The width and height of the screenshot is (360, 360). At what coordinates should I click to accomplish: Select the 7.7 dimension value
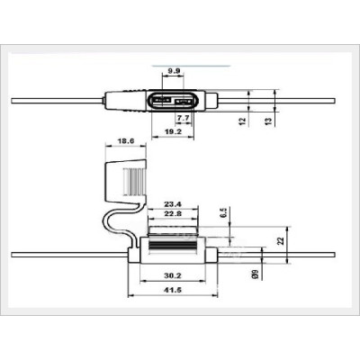click(x=183, y=118)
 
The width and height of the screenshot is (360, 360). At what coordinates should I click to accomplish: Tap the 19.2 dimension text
click(x=175, y=130)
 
